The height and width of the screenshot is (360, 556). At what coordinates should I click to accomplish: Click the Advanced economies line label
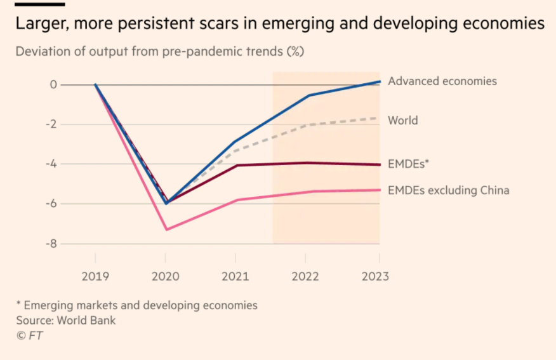tap(442, 81)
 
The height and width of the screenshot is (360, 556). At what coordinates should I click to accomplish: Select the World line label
tap(403, 120)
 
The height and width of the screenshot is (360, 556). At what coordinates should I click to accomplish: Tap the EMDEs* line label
tap(409, 164)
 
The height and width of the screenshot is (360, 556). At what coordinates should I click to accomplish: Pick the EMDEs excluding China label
tap(448, 190)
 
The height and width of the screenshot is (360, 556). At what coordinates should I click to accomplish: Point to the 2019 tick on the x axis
tap(95, 277)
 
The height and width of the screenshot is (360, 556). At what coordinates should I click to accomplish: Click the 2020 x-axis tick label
tap(166, 277)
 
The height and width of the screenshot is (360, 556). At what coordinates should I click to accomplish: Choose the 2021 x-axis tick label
tap(235, 277)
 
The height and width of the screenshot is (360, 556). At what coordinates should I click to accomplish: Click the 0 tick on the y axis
tap(53, 85)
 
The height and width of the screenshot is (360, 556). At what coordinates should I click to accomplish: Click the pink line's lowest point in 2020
tap(166, 229)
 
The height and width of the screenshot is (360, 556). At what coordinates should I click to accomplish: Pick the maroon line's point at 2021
tap(236, 165)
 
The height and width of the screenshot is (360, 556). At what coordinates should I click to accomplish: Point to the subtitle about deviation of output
tap(159, 51)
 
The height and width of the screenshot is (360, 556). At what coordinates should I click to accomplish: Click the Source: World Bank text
tap(66, 320)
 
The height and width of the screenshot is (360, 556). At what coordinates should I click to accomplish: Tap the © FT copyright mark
tap(30, 336)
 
